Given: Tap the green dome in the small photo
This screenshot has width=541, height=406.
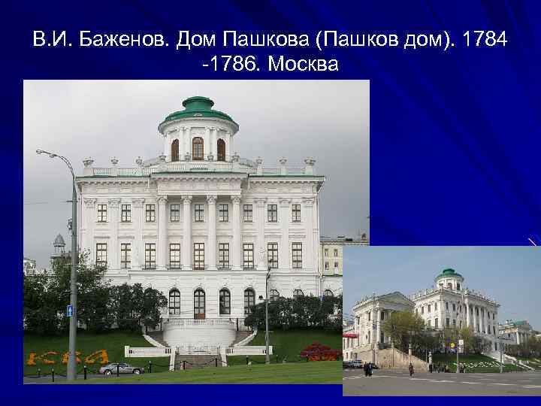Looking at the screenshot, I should pyautogui.click(x=449, y=273).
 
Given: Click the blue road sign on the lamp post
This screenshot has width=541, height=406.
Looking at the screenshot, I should pyautogui.click(x=71, y=311).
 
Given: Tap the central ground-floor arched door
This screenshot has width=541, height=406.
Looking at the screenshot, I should pyautogui.click(x=199, y=302).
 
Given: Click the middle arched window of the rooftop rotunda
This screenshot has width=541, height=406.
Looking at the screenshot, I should pyautogui.click(x=198, y=148).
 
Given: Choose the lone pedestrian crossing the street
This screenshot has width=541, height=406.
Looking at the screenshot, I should pyautogui.click(x=411, y=369).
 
